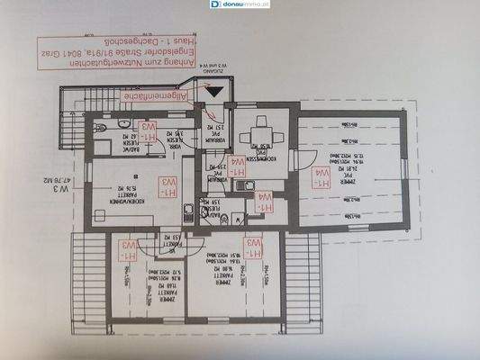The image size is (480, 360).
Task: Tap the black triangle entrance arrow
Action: click(x=212, y=89)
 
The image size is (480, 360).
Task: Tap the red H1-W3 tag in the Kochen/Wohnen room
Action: click(x=168, y=188)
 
